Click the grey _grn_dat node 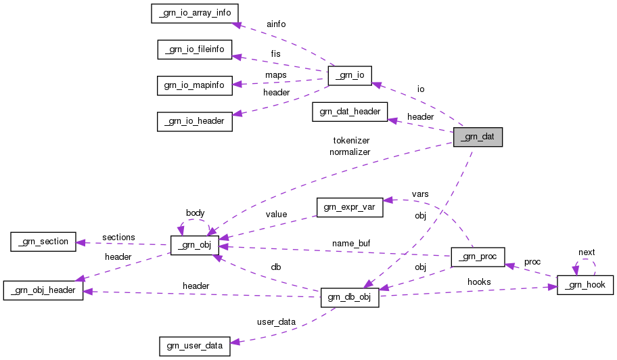pos(478,137)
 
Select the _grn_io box pos(349,76)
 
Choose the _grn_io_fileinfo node pos(195,49)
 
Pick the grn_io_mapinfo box pos(195,85)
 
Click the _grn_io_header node pos(195,122)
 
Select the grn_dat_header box pos(350,112)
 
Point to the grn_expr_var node pos(349,207)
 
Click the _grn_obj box pos(195,245)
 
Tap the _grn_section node pos(43,242)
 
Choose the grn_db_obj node pos(349,298)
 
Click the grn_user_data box pos(194,346)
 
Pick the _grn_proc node pos(478,257)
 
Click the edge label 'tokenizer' pos(351,141)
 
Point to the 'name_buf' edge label pos(350,242)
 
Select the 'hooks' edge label pos(479,282)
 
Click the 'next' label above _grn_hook pos(586,252)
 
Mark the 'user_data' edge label pos(277,321)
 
